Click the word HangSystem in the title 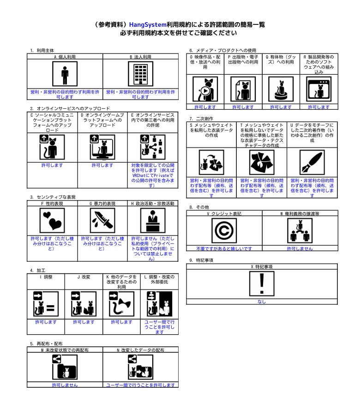(148, 25)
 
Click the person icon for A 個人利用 (65, 74)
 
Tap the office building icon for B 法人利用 (140, 74)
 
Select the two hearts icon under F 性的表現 (52, 220)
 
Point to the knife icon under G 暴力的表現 (102, 220)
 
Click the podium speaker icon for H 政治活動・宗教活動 (153, 220)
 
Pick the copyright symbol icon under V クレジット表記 (224, 231)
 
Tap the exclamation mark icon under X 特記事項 (262, 284)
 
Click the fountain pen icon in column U (312, 162)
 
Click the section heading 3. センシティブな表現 (53, 197)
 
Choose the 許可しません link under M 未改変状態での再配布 (65, 385)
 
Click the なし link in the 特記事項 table (262, 302)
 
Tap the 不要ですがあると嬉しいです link (224, 248)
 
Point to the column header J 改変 (84, 277)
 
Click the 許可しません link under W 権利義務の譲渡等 (300, 248)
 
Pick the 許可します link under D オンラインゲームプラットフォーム (102, 165)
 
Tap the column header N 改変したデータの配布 (140, 350)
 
